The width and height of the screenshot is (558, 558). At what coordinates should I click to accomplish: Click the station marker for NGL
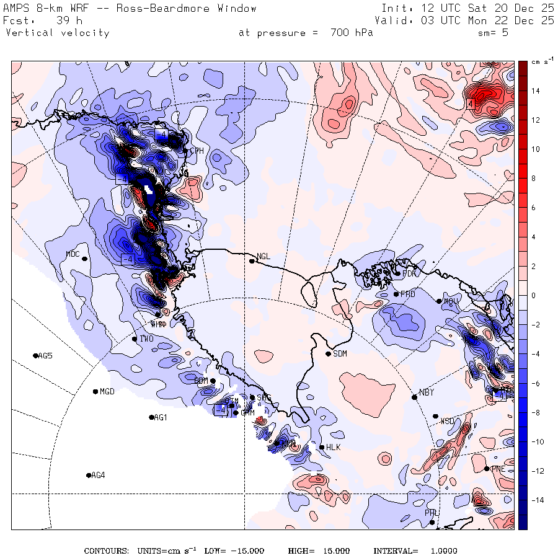click(252, 261)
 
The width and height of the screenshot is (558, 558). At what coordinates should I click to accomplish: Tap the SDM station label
click(340, 354)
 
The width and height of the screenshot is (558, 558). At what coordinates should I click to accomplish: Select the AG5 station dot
click(35, 355)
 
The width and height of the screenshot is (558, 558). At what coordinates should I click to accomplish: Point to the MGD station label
click(107, 392)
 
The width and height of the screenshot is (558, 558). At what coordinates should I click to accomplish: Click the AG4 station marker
click(89, 476)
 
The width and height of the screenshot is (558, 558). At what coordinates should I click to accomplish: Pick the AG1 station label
click(161, 418)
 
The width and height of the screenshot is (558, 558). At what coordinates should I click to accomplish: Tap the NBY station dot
click(414, 397)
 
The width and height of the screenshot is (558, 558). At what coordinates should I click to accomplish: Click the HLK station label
click(334, 448)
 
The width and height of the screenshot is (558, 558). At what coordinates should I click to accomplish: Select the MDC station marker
click(84, 259)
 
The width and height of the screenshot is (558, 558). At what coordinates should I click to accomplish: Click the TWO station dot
click(135, 339)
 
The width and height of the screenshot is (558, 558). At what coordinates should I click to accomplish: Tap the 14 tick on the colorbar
click(534, 91)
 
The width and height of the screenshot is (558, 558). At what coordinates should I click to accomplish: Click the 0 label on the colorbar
click(533, 296)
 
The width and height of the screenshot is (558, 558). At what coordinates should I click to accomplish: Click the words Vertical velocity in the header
click(58, 33)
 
